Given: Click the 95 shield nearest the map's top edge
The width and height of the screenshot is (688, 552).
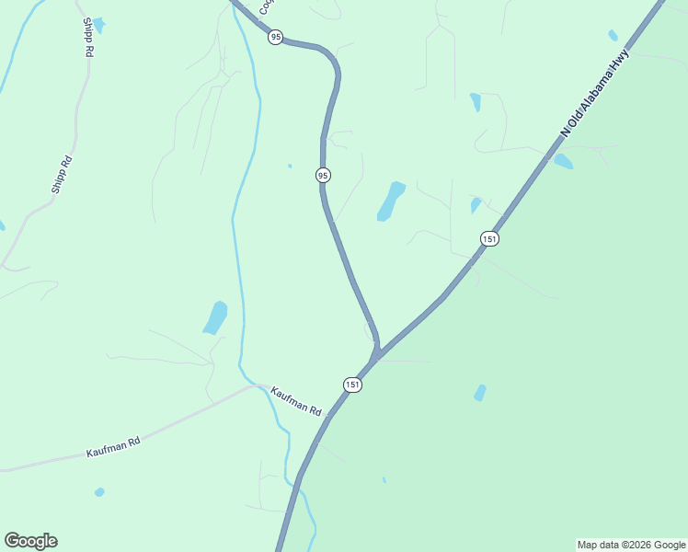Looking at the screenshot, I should (276, 38).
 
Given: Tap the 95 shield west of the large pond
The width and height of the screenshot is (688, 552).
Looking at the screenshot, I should (323, 175).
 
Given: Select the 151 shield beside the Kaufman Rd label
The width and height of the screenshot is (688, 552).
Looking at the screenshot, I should (352, 384).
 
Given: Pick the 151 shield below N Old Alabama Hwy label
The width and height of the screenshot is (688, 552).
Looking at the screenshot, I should (488, 238).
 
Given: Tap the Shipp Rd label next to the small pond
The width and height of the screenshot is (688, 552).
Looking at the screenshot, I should (88, 38).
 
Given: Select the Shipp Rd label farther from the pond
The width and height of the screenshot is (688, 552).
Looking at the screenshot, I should (62, 175).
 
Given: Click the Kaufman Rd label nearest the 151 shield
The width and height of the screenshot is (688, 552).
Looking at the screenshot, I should (295, 401).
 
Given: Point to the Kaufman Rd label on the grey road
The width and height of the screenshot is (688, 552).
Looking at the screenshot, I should (113, 447).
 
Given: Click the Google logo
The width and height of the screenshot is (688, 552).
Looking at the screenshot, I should (30, 541).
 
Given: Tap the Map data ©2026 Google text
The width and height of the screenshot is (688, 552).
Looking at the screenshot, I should (631, 545).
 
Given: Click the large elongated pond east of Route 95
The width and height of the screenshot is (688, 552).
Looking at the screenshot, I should (391, 201).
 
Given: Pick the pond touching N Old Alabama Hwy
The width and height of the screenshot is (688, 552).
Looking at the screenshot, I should (563, 162).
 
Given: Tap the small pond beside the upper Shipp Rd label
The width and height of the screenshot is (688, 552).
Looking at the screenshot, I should (98, 23).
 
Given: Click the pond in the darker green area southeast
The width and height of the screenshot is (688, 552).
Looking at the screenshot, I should (479, 393).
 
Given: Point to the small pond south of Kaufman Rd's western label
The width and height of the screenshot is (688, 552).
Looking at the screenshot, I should (99, 492).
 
